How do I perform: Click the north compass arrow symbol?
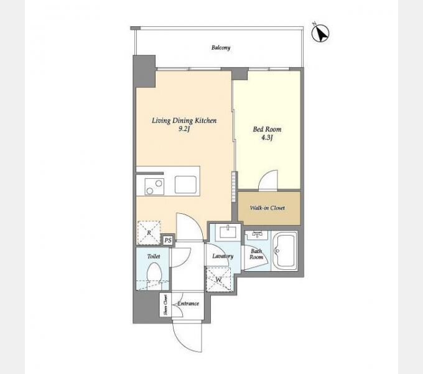(320, 34)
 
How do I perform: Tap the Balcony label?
(221, 48)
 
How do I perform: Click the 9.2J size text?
(184, 129)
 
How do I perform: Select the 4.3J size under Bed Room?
(267, 138)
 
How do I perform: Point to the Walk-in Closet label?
(267, 208)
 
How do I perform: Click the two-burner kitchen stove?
(154, 186)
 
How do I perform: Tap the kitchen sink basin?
(185, 185)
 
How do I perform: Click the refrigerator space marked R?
(149, 233)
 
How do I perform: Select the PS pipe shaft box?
(168, 240)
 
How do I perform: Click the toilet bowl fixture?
(154, 274)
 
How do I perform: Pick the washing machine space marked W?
(218, 280)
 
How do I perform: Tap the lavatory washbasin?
(228, 232)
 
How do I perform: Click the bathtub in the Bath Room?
(285, 251)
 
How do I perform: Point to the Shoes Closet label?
(165, 305)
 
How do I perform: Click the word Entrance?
(188, 304)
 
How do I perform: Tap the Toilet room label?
(154, 256)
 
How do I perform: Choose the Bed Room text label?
(267, 129)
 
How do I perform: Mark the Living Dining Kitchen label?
(184, 120)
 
